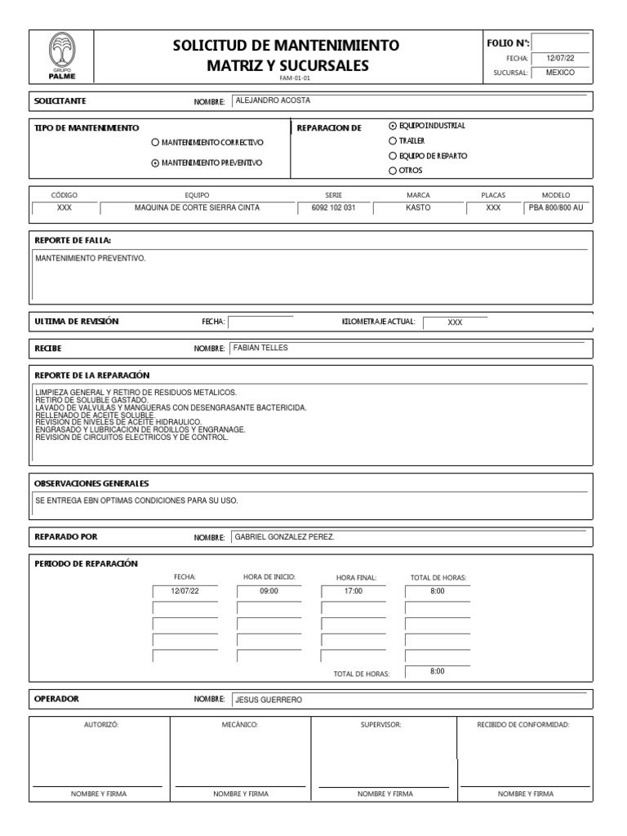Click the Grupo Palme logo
60,56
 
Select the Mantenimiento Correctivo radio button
155,142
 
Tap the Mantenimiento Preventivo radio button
155,162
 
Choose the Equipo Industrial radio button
393,126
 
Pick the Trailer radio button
393,140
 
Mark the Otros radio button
393,171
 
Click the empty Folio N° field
560,42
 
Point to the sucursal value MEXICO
560,73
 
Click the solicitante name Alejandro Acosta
273,101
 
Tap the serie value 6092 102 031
334,207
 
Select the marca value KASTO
418,207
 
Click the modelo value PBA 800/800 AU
556,207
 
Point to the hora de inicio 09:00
269,590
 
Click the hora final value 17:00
353,590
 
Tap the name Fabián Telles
261,348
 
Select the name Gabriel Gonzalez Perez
285,537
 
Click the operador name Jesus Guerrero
269,700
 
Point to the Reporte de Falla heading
73,240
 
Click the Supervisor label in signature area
381,724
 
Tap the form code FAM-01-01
295,78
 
